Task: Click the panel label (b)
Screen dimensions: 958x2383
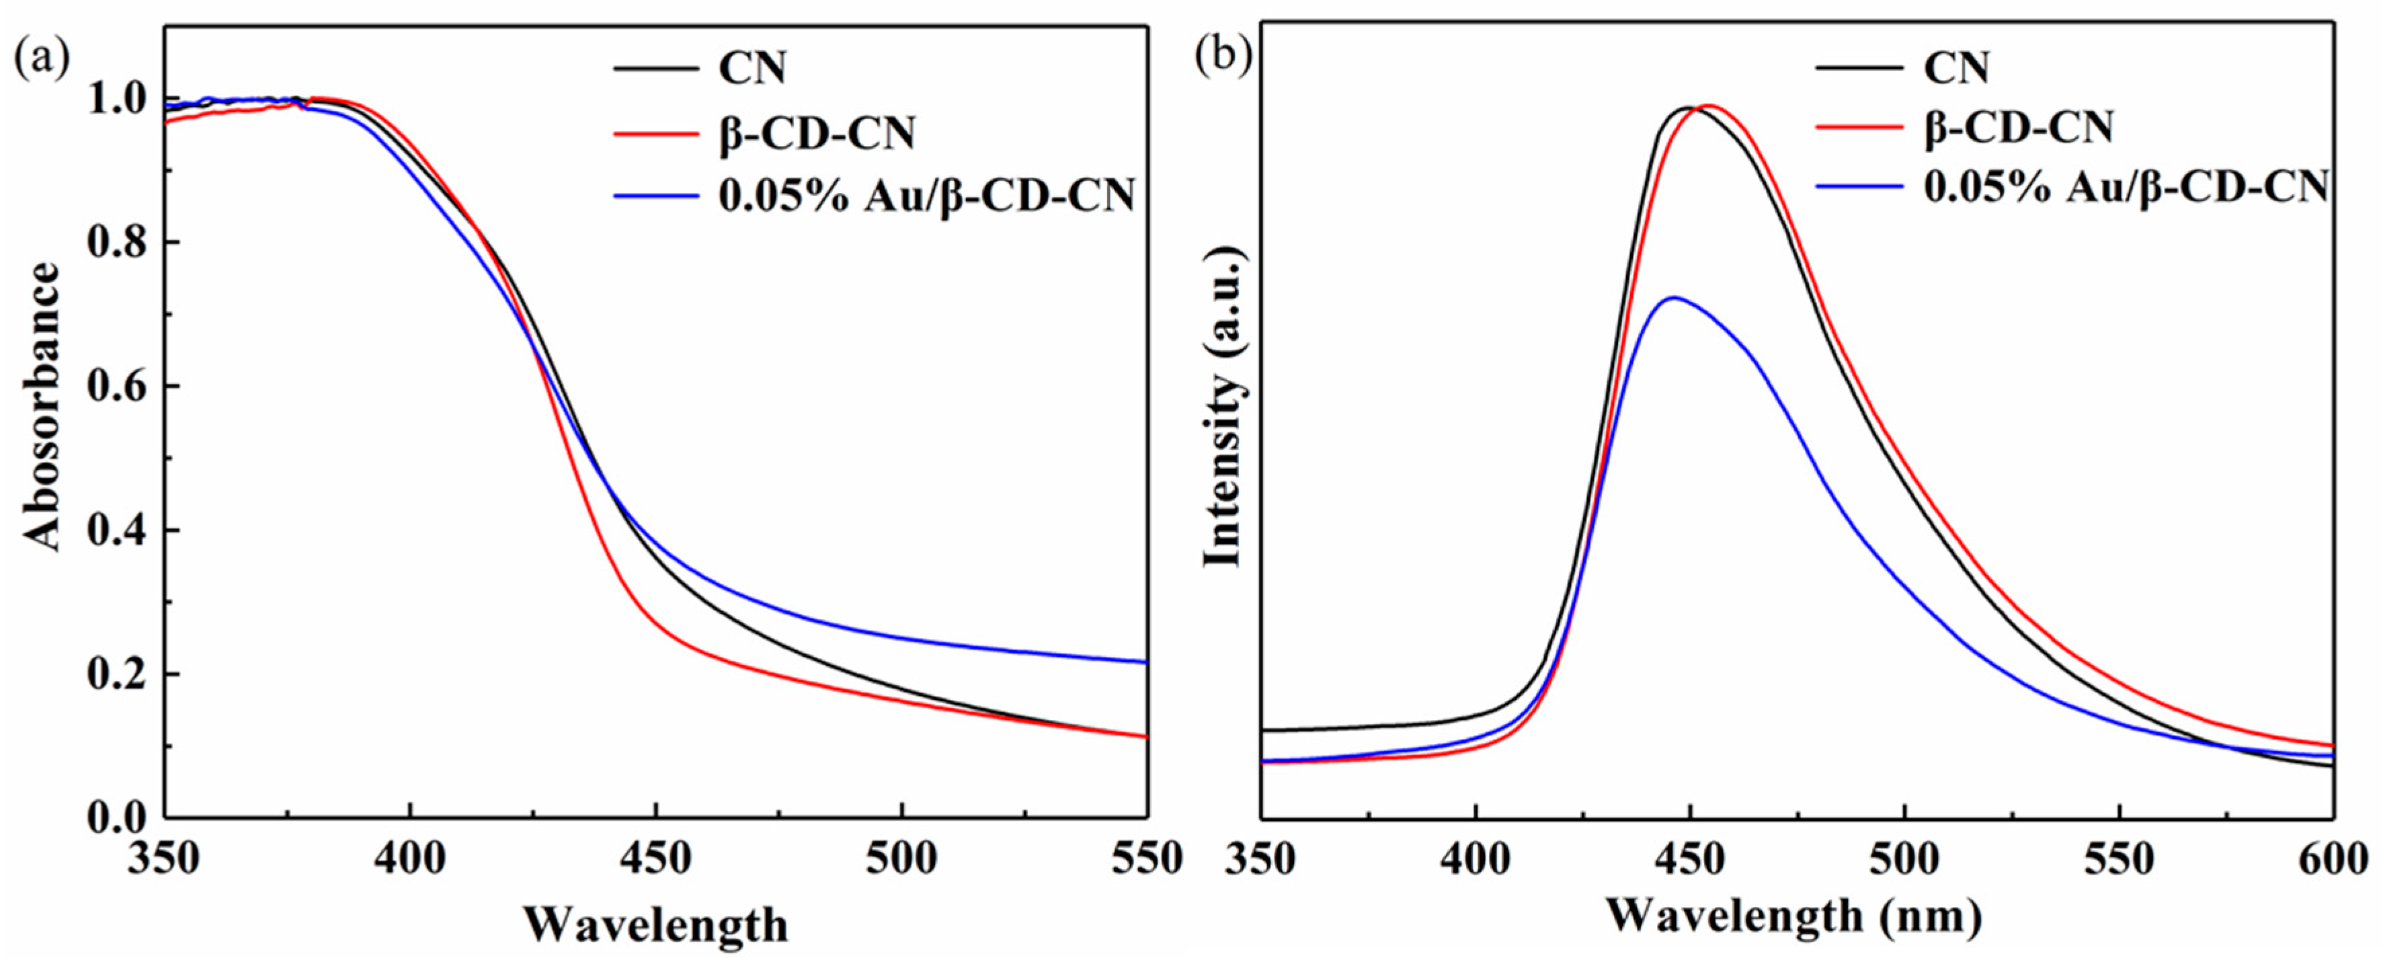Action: coord(1222,57)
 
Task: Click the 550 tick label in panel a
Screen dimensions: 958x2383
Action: coord(1145,859)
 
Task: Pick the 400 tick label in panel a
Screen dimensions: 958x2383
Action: coord(410,859)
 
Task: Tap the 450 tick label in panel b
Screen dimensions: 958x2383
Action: coord(1690,859)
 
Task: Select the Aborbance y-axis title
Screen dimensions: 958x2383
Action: coord(42,407)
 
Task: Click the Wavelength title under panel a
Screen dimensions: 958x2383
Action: coord(655,924)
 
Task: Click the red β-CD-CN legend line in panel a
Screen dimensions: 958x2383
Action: coord(655,133)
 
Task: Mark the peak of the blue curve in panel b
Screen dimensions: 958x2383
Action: coord(1672,297)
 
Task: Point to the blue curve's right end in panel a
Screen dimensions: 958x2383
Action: coord(1145,662)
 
